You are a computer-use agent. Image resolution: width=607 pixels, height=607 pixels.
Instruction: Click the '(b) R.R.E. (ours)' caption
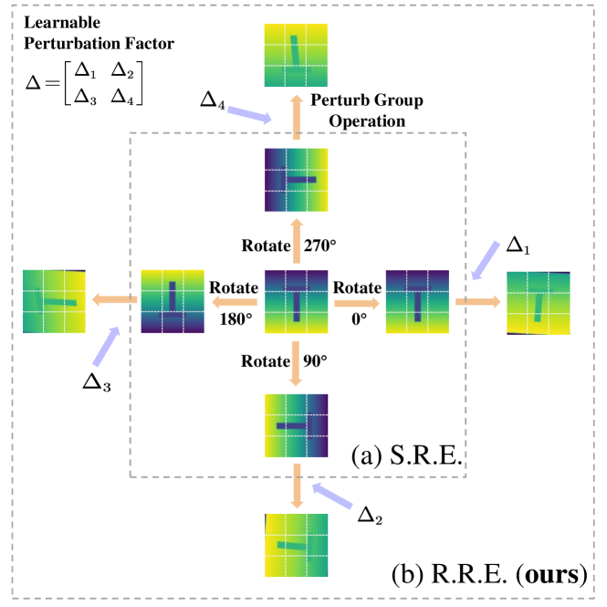point(487,575)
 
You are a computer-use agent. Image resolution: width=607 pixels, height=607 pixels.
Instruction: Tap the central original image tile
point(297,298)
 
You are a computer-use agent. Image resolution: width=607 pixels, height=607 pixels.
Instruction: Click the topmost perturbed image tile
point(297,54)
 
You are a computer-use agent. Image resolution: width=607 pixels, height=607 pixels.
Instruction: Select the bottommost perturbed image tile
point(297,545)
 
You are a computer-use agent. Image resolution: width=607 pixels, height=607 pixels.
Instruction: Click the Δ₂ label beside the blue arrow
point(369,515)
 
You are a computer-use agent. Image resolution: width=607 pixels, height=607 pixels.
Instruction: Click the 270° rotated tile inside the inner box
point(297,181)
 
